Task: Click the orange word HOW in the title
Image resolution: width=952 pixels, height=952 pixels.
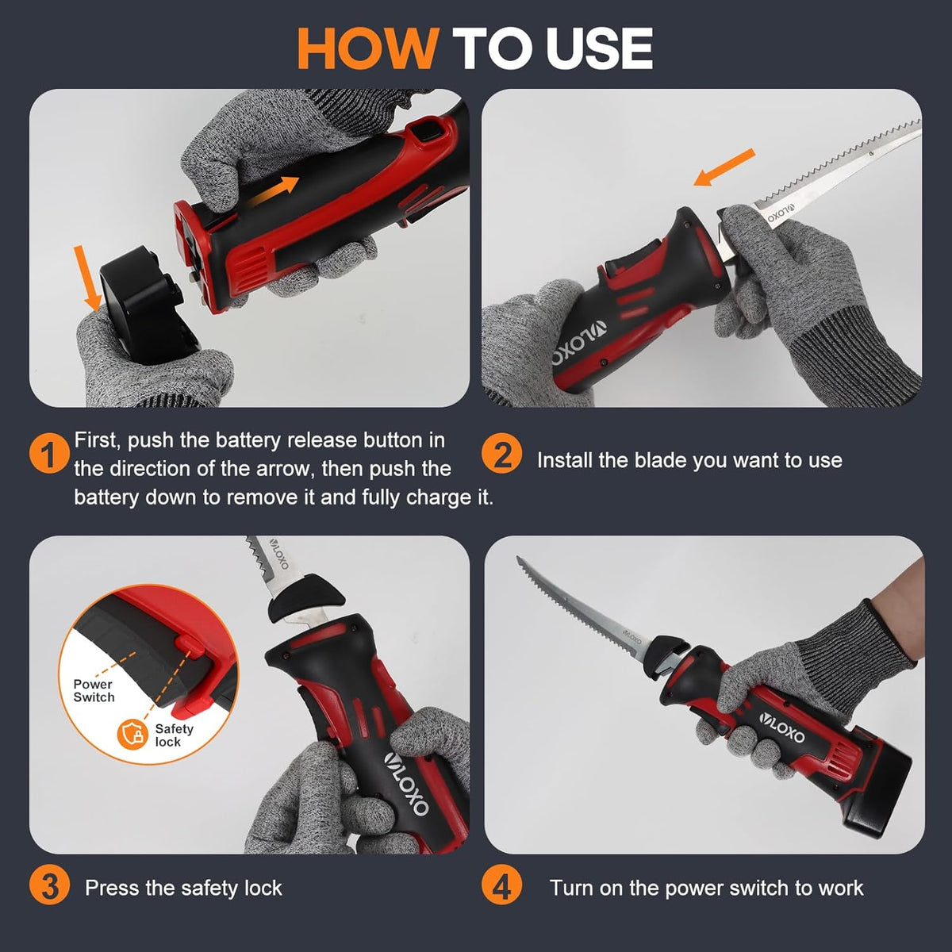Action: point(368,48)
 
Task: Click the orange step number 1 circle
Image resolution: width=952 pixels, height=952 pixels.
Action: point(49,454)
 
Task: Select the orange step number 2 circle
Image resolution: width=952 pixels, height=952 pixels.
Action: point(501,454)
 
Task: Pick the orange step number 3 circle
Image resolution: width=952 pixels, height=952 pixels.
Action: point(49,889)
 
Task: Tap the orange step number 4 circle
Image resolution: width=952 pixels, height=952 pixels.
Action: point(501,889)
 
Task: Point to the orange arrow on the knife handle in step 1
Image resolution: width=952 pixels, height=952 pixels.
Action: point(273,191)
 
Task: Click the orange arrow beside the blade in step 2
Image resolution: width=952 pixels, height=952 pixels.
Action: point(724,167)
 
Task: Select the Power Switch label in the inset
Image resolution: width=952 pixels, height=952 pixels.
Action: point(94,691)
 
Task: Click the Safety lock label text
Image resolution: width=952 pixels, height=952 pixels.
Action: point(174,735)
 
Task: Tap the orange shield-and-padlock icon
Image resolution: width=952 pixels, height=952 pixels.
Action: point(133,734)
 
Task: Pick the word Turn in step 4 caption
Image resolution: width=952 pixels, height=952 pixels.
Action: point(571,889)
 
